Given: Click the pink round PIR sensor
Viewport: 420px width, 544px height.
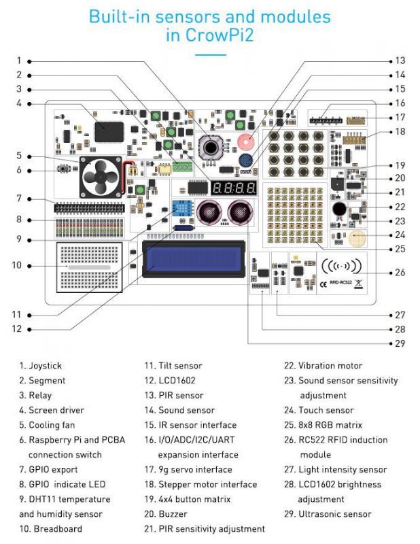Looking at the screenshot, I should click(245, 141).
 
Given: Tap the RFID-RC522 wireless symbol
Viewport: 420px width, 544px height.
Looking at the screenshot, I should click(340, 267).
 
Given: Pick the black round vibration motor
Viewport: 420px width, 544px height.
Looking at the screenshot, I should click(339, 209).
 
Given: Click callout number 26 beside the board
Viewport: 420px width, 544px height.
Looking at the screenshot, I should click(400, 273).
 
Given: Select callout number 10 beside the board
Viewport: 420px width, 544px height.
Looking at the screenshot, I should click(18, 265).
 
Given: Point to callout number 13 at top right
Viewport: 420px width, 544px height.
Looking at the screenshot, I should click(400, 61).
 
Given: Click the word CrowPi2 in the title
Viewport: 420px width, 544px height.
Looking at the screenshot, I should click(209, 35).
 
